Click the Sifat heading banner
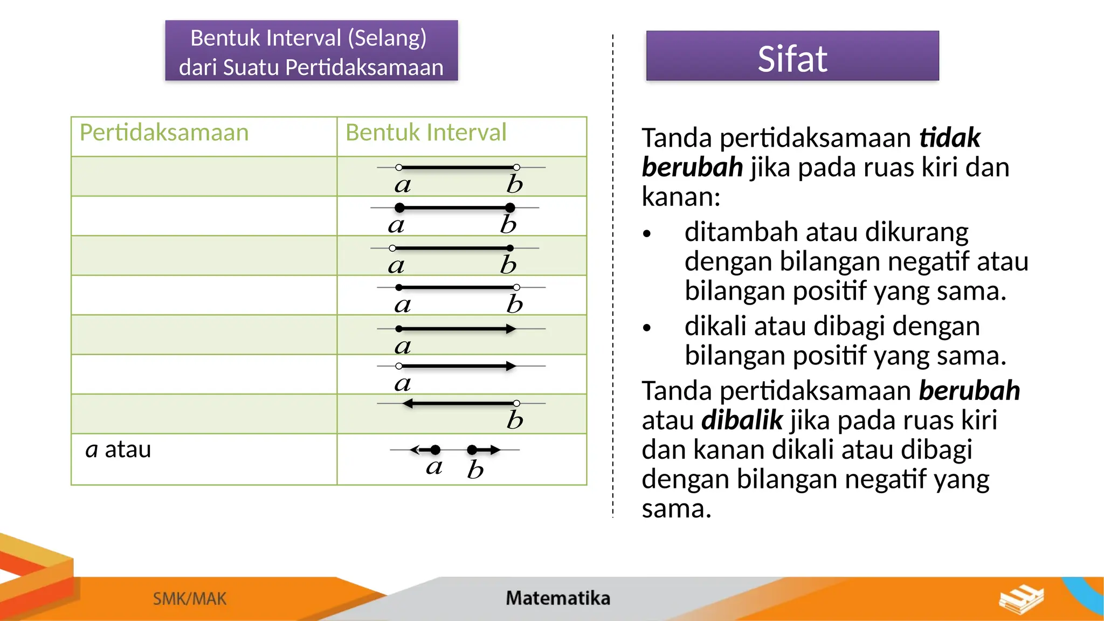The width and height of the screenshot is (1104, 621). pyautogui.click(x=792, y=57)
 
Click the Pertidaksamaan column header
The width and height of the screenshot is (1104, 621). pyautogui.click(x=164, y=133)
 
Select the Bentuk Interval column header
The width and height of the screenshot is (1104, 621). pyautogui.click(x=426, y=133)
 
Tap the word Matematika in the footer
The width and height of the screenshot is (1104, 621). pyautogui.click(x=557, y=598)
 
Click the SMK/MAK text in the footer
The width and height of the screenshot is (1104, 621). pyautogui.click(x=190, y=599)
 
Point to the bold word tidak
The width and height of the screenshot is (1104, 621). pyautogui.click(x=949, y=138)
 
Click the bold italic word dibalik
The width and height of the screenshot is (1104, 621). pyautogui.click(x=742, y=420)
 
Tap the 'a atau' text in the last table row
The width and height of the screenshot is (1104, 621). pyautogui.click(x=118, y=450)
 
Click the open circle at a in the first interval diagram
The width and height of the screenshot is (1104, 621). pyautogui.click(x=399, y=168)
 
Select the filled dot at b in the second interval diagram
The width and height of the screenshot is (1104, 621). pyautogui.click(x=510, y=208)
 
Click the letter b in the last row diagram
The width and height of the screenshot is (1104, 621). pyautogui.click(x=475, y=470)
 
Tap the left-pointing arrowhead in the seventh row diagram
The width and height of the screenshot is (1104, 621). pyautogui.click(x=408, y=403)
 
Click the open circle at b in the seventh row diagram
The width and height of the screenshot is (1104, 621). pyautogui.click(x=516, y=403)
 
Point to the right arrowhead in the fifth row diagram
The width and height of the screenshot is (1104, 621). pyautogui.click(x=510, y=329)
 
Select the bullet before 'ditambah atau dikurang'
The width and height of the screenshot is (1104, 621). pyautogui.click(x=647, y=234)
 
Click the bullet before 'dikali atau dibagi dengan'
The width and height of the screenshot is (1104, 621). pyautogui.click(x=647, y=328)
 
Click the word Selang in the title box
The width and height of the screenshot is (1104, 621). pyautogui.click(x=387, y=38)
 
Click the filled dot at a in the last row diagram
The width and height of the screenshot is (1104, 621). pyautogui.click(x=436, y=450)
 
